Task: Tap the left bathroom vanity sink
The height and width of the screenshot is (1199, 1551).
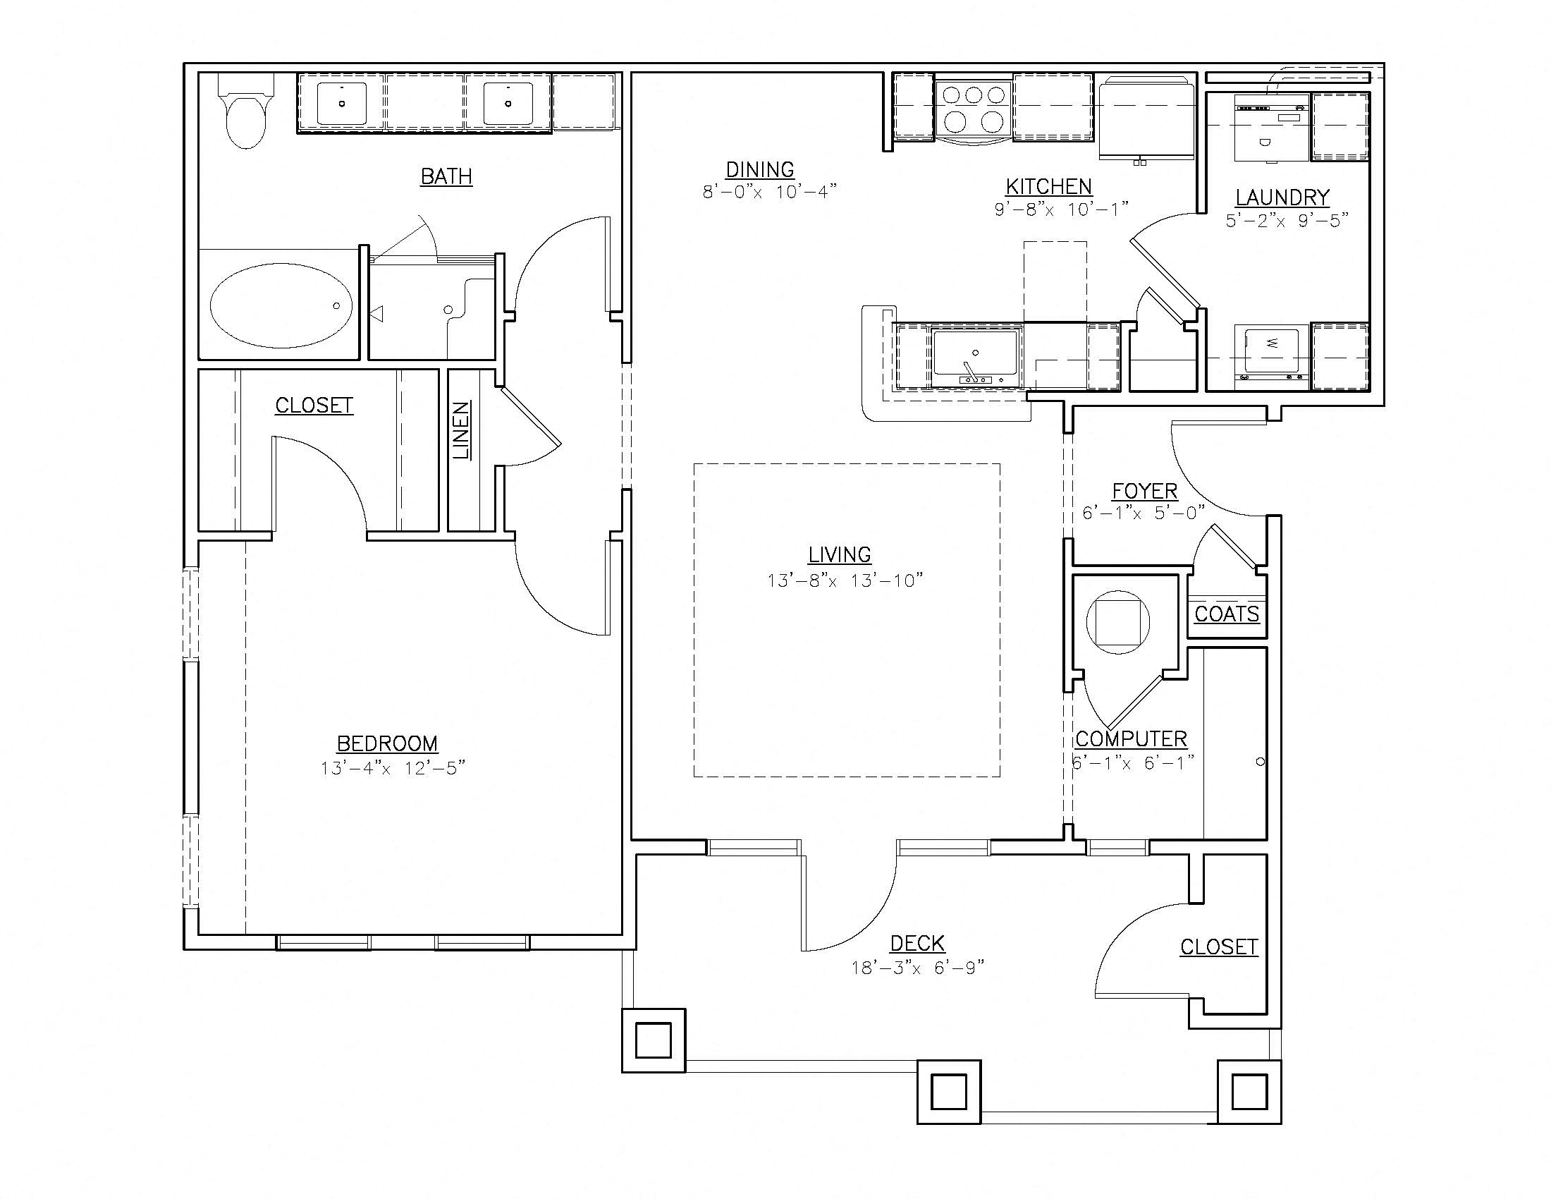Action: click(342, 104)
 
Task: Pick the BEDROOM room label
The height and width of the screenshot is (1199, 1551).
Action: click(387, 743)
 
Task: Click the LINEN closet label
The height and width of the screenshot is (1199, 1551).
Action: click(462, 430)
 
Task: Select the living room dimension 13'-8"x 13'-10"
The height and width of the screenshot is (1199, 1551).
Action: click(845, 580)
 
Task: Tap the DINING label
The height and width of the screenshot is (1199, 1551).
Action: click(759, 170)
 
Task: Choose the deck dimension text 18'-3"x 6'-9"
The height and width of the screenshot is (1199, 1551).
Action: click(917, 968)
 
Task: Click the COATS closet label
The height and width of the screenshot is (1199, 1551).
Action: click(1227, 614)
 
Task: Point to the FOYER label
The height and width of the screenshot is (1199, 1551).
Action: click(1144, 491)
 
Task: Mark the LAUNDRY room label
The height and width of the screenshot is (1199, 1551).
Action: click(1282, 197)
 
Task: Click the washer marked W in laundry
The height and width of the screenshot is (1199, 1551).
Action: click(1272, 355)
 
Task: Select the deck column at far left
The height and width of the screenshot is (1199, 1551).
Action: click(654, 1040)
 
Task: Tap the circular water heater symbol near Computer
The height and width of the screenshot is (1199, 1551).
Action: click(1118, 622)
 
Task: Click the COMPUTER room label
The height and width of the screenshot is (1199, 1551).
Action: click(1131, 738)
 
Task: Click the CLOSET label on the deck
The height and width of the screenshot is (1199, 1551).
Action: click(1219, 947)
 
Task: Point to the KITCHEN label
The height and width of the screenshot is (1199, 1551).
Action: click(1048, 187)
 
